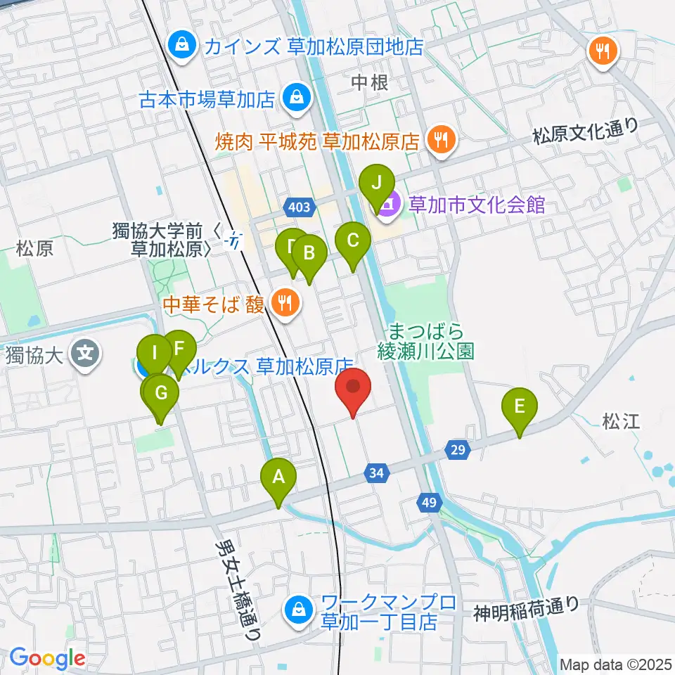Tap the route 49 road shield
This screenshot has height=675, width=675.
click(x=430, y=502)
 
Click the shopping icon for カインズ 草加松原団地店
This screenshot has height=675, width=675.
click(x=182, y=47)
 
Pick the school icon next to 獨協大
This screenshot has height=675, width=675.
click(x=86, y=351)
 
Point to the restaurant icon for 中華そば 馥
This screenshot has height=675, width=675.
click(x=285, y=304)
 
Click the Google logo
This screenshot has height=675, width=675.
click(x=47, y=659)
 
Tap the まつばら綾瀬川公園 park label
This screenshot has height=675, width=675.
click(x=427, y=341)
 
